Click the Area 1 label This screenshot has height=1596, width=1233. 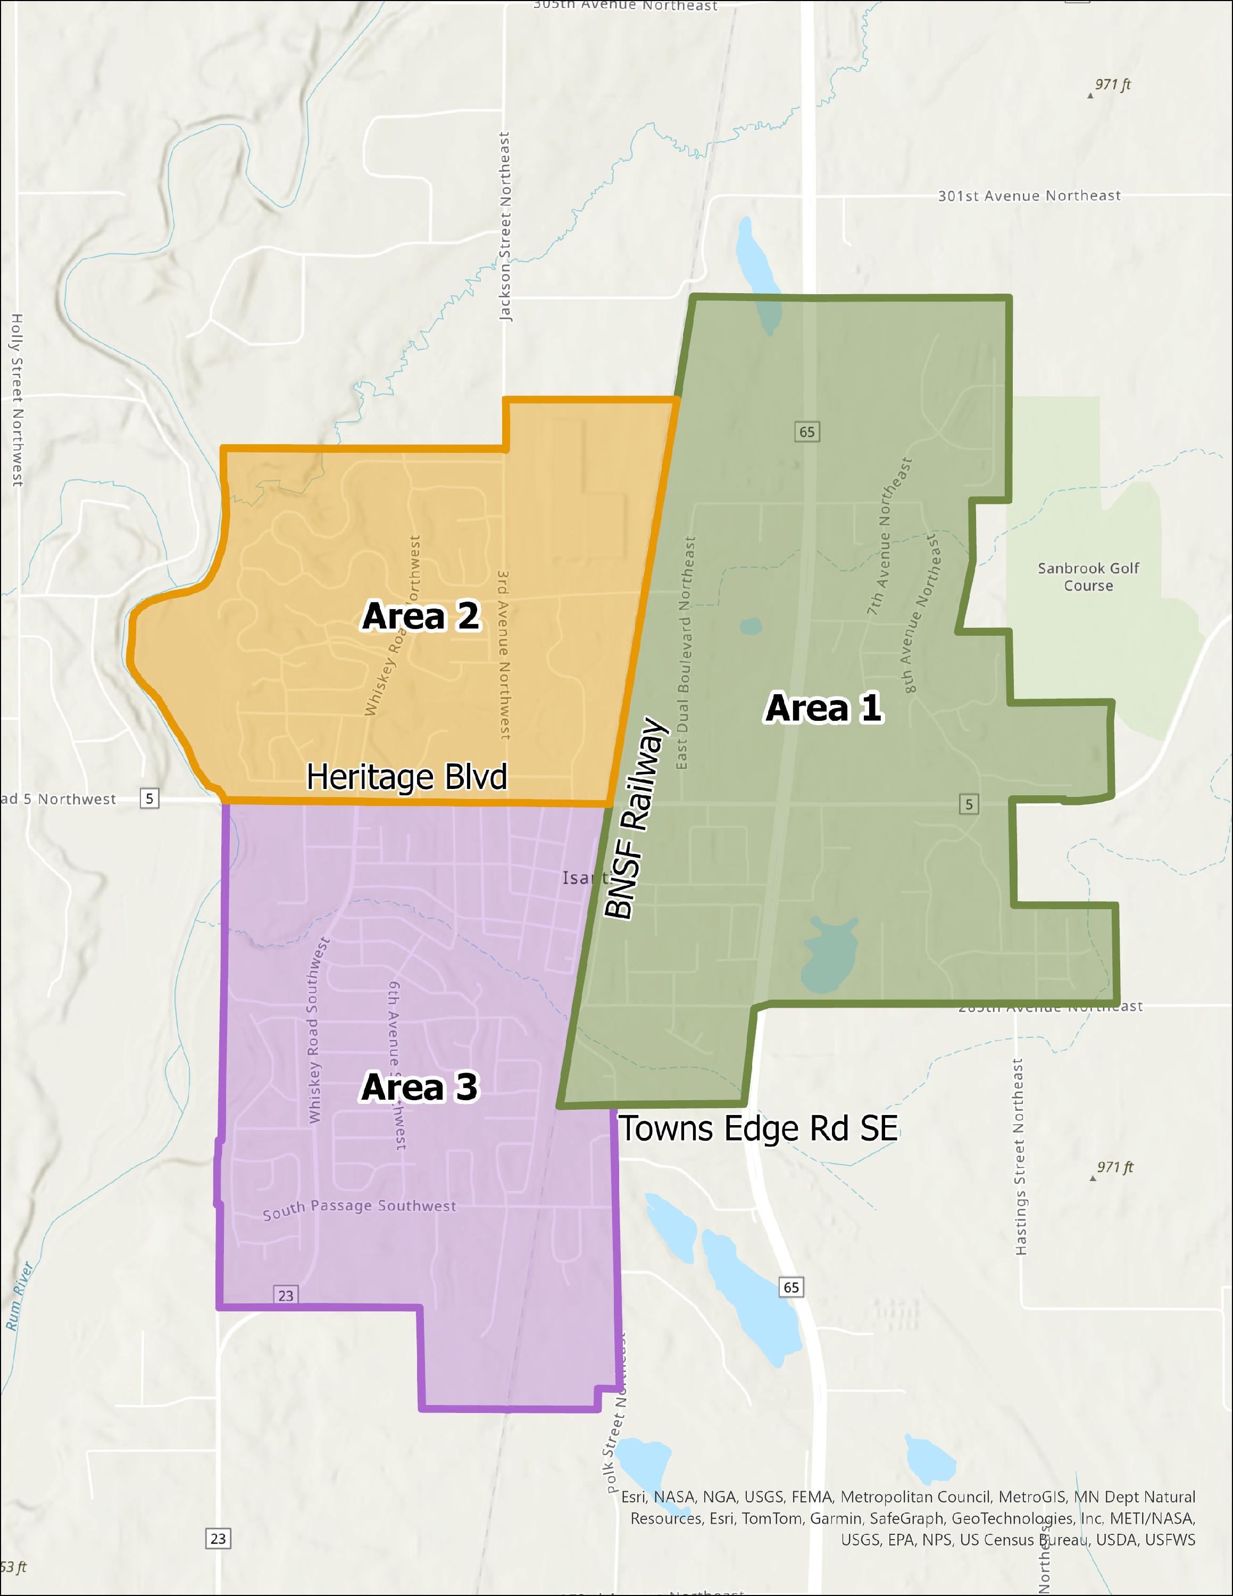(x=823, y=708)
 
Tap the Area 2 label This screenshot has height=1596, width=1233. (x=421, y=616)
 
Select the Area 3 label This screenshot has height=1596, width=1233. (x=419, y=1087)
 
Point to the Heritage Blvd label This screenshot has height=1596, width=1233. (x=406, y=777)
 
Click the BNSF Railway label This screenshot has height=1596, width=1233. (x=634, y=818)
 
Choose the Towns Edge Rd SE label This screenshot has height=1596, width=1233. (x=758, y=1128)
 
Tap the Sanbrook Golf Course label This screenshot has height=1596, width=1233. (x=1088, y=577)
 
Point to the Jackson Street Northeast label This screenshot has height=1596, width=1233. (x=505, y=227)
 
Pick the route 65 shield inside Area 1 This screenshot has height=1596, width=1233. (x=806, y=432)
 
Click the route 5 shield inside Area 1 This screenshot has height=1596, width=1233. (x=969, y=804)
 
